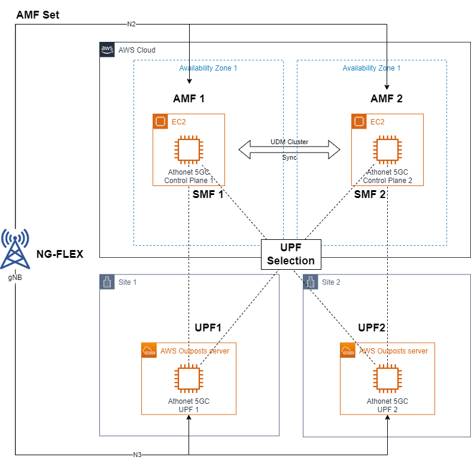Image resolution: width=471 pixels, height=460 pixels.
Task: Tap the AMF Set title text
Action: pyautogui.click(x=37, y=14)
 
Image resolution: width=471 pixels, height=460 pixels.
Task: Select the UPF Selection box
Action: pyautogui.click(x=291, y=254)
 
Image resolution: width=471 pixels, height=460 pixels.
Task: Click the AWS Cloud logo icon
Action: pyautogui.click(x=107, y=50)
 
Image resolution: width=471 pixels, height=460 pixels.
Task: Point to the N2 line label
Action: pyautogui.click(x=131, y=24)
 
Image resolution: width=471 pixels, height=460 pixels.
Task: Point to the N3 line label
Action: pyautogui.click(x=137, y=455)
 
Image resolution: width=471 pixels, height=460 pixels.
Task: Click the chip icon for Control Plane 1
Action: pyautogui.click(x=189, y=150)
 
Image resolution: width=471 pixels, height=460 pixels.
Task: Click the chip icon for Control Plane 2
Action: pyautogui.click(x=387, y=150)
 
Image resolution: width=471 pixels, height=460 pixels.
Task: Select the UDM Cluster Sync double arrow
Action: pyautogui.click(x=290, y=150)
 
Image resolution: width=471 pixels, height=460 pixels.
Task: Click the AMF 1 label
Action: pyautogui.click(x=189, y=99)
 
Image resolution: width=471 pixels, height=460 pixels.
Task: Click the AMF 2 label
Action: pyautogui.click(x=387, y=99)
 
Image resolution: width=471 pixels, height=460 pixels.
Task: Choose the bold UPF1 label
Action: pyautogui.click(x=208, y=328)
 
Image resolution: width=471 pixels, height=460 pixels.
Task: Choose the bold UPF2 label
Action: pyautogui.click(x=371, y=328)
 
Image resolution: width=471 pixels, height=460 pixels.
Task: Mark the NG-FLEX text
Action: pyautogui.click(x=60, y=254)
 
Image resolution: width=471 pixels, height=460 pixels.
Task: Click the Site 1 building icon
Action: pyautogui.click(x=107, y=282)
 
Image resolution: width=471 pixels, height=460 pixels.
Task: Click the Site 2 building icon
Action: pyautogui.click(x=310, y=282)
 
